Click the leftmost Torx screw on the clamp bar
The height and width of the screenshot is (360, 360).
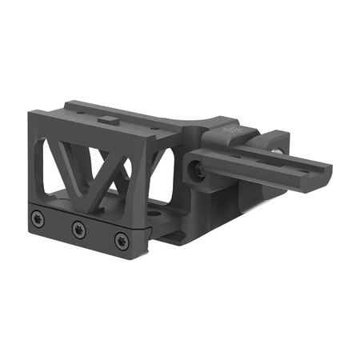click(x=38, y=218)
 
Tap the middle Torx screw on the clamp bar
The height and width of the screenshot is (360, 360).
click(x=78, y=229)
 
